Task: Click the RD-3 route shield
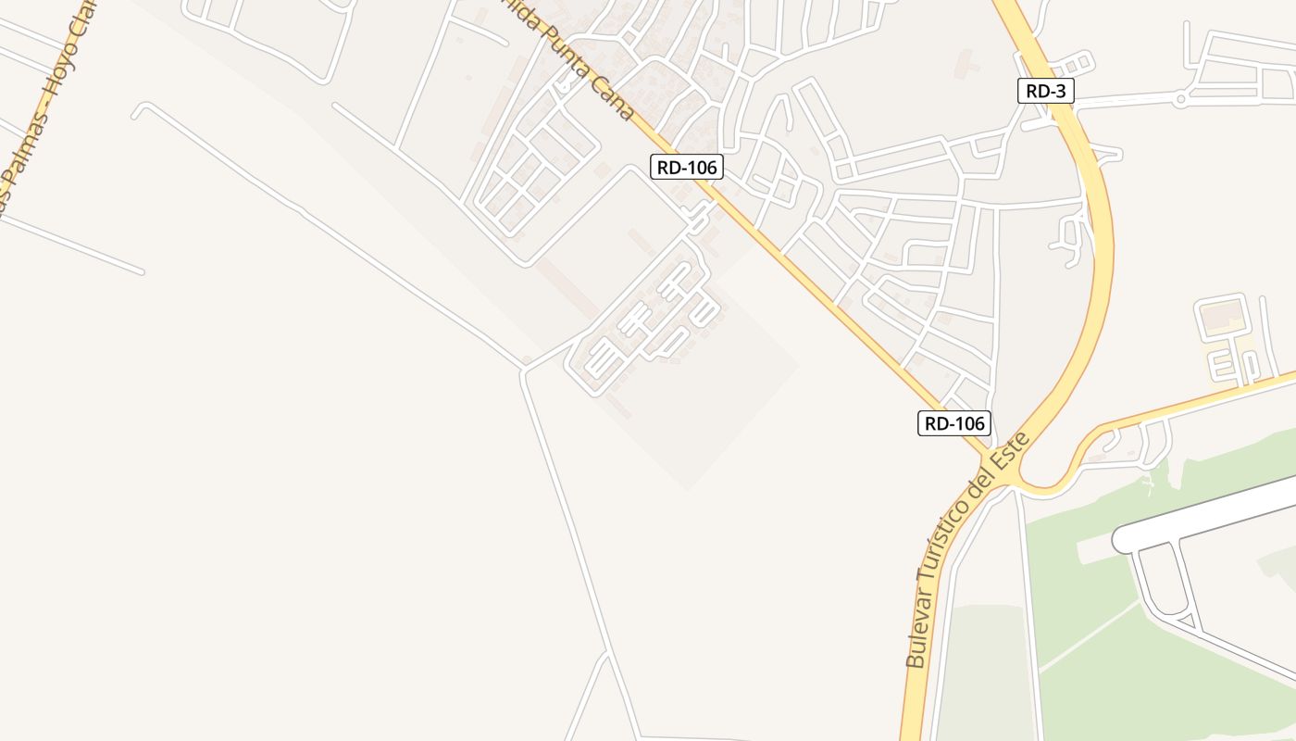1046,91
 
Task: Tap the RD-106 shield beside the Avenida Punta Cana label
686,167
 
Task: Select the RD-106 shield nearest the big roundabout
954,423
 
